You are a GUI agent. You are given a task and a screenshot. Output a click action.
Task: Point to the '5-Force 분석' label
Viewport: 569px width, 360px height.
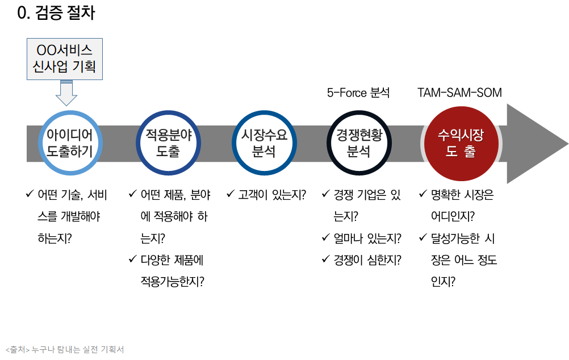coord(358,93)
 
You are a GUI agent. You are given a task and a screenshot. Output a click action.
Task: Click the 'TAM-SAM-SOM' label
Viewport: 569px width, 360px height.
coord(459,93)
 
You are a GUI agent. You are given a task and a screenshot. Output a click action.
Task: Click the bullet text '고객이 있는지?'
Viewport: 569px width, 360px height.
coord(272,195)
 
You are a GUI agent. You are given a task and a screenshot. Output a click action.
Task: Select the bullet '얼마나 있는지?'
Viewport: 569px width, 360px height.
coord(367,238)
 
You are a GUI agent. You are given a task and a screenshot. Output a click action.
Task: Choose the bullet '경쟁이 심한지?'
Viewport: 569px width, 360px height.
coord(367,260)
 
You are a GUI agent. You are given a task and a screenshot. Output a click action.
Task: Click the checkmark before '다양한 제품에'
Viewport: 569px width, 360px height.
coord(132,260)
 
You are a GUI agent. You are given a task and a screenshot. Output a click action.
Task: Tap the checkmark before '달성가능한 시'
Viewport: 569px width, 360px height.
coord(422,238)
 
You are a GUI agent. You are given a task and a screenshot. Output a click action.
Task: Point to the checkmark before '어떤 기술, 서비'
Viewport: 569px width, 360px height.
coord(29,195)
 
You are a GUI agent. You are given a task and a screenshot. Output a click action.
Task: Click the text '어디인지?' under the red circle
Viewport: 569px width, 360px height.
coord(453,216)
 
